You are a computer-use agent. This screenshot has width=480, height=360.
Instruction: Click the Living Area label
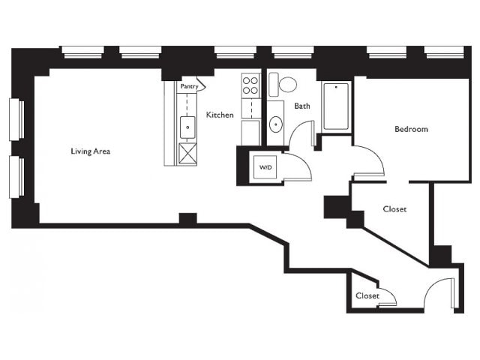(90, 151)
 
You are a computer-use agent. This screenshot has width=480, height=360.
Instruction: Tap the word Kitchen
(220, 115)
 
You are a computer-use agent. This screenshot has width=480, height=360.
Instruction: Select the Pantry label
(189, 86)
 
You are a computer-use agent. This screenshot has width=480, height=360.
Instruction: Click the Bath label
(301, 106)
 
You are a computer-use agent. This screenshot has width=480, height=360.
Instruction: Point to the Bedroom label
(411, 129)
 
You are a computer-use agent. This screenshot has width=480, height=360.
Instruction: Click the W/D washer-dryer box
(265, 167)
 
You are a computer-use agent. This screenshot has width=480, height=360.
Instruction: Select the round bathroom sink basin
(276, 124)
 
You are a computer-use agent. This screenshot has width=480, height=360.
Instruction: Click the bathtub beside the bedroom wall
(336, 106)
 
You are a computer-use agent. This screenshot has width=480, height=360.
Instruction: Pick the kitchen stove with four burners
(250, 85)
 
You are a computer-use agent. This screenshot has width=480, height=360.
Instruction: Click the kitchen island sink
(187, 127)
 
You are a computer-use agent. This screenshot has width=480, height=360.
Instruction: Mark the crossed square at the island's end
(187, 154)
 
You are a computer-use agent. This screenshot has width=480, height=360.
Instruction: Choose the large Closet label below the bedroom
(394, 209)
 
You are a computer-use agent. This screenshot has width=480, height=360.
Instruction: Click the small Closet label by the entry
(367, 295)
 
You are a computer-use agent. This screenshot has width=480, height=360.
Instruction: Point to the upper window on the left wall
(16, 119)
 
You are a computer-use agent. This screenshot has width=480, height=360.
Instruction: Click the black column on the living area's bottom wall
(187, 218)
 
